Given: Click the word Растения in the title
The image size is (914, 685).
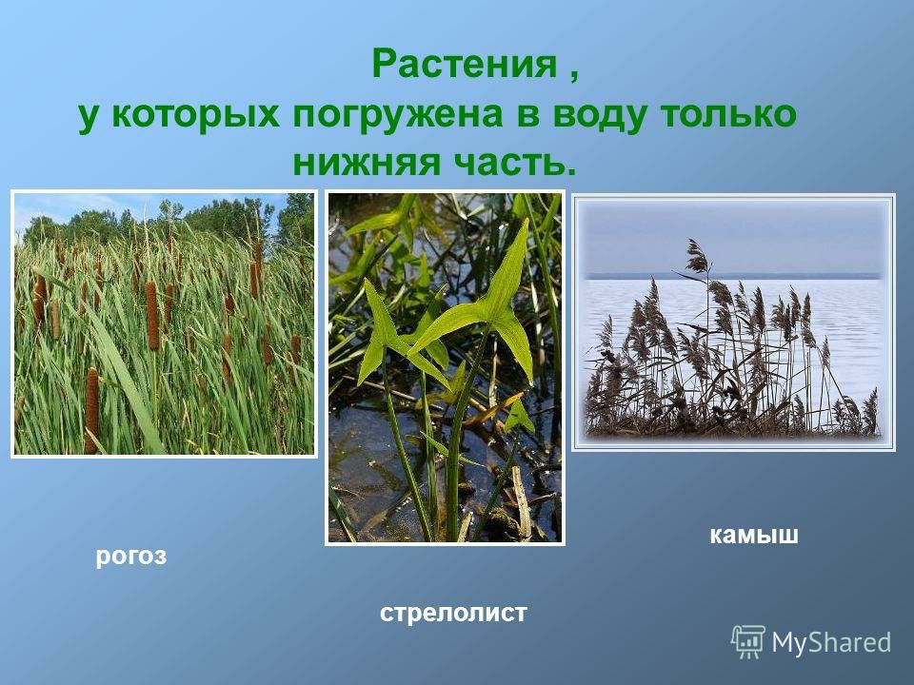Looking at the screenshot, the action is tap(464, 64).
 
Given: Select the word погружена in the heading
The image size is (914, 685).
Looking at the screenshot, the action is tap(397, 113).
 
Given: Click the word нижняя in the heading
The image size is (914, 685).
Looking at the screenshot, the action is tap(366, 163).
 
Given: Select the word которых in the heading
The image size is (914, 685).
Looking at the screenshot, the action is tap(194, 115).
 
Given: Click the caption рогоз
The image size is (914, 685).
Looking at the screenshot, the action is tap(131, 557).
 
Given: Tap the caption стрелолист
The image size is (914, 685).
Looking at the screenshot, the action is tap(453, 613).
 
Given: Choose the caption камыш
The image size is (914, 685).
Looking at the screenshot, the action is tap(754, 534).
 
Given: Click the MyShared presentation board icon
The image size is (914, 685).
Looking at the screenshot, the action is tap(748, 642).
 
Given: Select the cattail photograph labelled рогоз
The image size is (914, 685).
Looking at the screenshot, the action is tap(165, 323).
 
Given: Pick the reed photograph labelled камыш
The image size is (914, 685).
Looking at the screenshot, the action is tap(733, 323).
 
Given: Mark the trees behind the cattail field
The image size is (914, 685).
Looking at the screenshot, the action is tap(169, 219).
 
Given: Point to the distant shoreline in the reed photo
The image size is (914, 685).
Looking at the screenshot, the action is tap(733, 276).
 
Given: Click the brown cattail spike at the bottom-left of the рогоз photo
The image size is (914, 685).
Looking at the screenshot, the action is tap(91, 409).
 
